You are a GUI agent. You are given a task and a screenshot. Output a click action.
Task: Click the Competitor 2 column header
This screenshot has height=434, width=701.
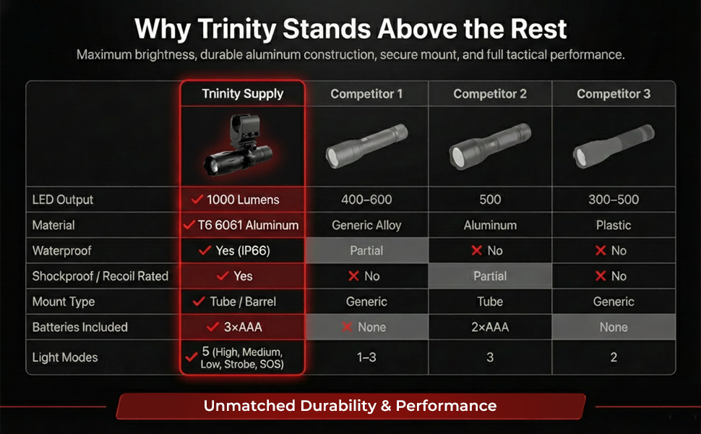click(x=490, y=94)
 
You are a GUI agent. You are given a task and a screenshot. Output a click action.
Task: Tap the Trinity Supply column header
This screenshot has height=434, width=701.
click(x=242, y=93)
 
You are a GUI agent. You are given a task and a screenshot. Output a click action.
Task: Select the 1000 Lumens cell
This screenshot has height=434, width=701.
click(x=243, y=200)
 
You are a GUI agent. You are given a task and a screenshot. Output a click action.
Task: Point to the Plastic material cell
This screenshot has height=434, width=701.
click(x=614, y=225)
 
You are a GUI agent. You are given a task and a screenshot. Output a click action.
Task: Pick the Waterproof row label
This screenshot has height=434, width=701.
click(x=61, y=250)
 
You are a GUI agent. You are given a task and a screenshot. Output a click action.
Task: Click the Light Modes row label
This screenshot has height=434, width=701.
click(x=65, y=357)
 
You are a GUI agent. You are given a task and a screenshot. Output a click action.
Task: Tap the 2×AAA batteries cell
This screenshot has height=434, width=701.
click(x=490, y=327)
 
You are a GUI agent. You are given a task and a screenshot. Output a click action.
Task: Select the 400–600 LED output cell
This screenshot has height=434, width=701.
click(x=366, y=200)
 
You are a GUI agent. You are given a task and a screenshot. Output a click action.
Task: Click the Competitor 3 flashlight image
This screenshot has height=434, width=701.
click(x=614, y=146)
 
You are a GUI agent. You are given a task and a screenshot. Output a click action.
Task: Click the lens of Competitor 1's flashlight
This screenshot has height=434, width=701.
click(x=332, y=157)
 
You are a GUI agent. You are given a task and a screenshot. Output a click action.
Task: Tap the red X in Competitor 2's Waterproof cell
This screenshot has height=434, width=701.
click(x=476, y=250)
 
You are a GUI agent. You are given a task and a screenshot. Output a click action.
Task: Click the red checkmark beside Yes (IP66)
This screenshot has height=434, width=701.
click(x=205, y=250)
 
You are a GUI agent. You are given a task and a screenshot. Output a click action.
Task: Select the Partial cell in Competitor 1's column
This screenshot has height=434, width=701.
click(x=366, y=250)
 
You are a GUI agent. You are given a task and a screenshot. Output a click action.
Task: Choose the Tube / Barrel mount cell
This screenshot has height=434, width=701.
click(x=243, y=302)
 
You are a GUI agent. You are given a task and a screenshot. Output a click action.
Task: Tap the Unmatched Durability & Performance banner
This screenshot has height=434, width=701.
click(x=350, y=406)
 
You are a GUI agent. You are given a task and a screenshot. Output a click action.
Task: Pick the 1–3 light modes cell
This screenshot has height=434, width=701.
click(x=366, y=357)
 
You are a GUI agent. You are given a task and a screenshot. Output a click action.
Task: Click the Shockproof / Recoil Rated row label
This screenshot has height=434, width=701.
click(x=100, y=276)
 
